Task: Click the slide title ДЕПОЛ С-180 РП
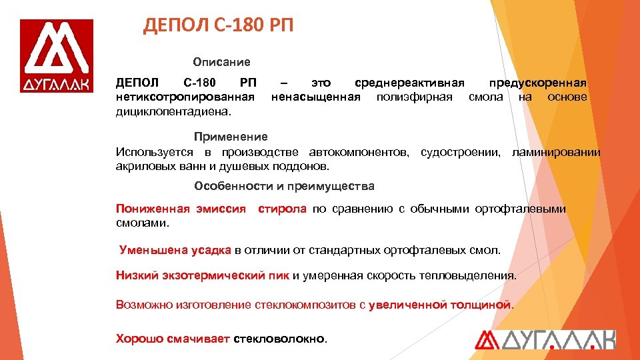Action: click(218, 27)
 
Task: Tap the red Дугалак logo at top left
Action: click(57, 57)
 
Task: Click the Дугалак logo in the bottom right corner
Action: click(545, 340)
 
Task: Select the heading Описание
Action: click(222, 62)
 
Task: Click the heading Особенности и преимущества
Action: click(284, 186)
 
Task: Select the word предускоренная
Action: click(538, 83)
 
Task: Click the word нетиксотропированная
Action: click(185, 97)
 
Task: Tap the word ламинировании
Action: click(556, 153)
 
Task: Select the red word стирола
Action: click(282, 209)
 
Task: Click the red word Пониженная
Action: click(153, 209)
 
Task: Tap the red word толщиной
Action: click(479, 305)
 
